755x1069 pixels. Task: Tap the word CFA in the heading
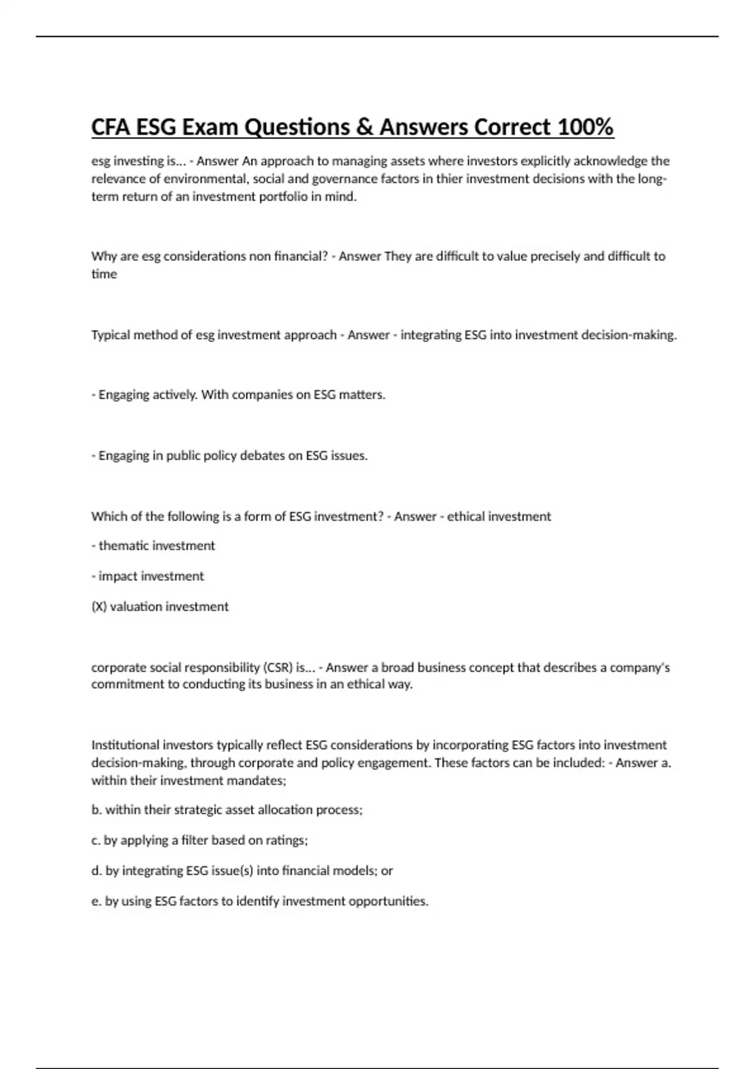click(x=111, y=128)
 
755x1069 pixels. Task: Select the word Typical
click(x=110, y=335)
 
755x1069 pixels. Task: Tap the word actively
click(x=175, y=395)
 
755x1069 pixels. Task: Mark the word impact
click(x=117, y=576)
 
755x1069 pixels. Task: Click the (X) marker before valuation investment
click(x=99, y=606)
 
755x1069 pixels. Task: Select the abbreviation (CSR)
click(x=277, y=667)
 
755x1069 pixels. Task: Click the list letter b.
click(x=96, y=810)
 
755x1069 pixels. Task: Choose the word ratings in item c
click(x=287, y=840)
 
